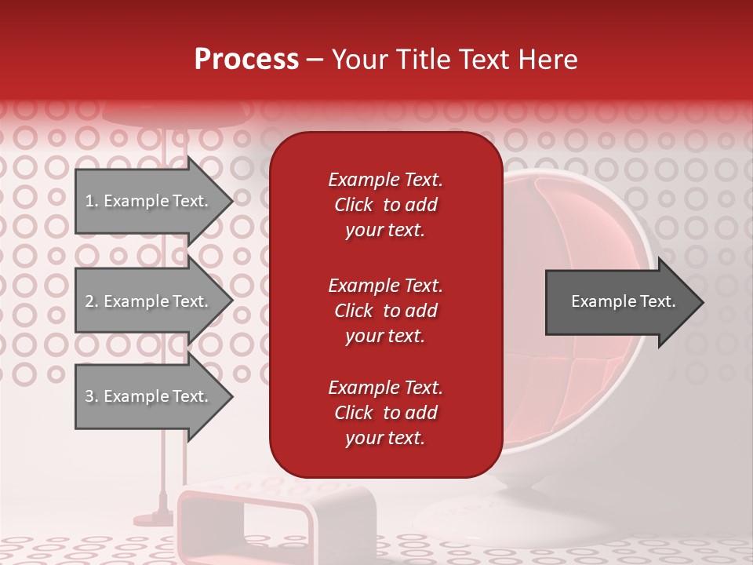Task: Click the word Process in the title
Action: tap(246, 60)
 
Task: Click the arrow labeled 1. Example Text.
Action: tap(149, 201)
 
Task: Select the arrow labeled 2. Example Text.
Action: tap(149, 301)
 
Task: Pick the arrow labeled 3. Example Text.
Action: tap(149, 396)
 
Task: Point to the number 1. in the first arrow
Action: tap(92, 202)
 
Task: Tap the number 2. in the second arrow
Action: tap(92, 302)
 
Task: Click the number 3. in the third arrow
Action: tap(92, 397)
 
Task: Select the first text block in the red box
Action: tap(385, 205)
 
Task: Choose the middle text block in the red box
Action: tap(385, 311)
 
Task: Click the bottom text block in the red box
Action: tap(385, 413)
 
